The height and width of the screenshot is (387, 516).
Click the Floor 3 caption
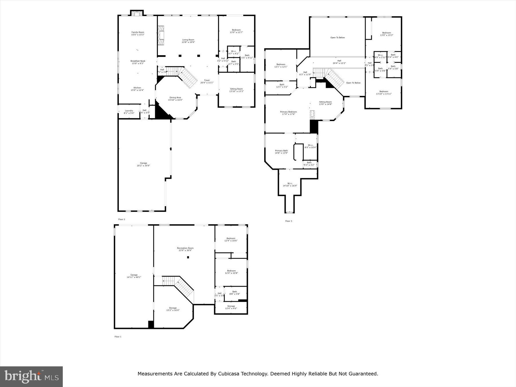tap(288, 221)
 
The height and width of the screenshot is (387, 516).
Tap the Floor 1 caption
tap(118, 337)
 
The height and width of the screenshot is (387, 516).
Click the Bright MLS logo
tap(31, 376)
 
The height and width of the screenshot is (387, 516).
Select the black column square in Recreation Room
tap(188, 257)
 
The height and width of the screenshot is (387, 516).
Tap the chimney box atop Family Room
tap(137, 13)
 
